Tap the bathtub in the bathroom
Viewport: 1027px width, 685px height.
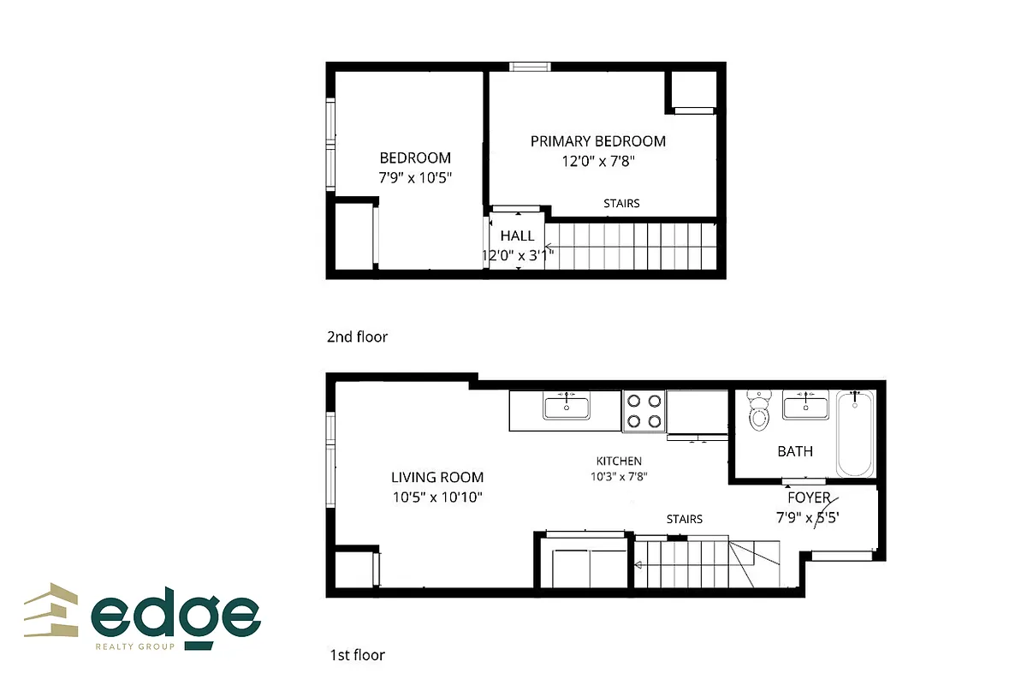coord(855,433)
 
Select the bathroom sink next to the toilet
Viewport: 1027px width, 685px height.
coord(805,405)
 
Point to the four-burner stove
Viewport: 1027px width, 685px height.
coord(644,409)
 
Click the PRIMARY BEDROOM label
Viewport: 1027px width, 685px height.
coord(597,141)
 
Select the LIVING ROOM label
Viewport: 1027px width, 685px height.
coord(437,478)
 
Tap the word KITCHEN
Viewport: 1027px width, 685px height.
coord(620,462)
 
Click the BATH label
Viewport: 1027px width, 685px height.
coord(795,451)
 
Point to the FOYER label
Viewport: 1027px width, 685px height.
coord(809,497)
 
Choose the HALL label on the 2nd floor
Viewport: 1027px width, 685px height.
coord(517,236)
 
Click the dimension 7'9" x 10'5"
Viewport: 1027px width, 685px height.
coord(415,178)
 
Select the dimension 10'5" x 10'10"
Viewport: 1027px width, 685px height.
coord(437,497)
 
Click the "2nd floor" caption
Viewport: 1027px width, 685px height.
coord(357,337)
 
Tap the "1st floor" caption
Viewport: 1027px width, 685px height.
coord(357,655)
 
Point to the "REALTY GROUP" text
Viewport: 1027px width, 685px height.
coord(135,646)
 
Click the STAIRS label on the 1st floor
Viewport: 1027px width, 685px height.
coord(685,519)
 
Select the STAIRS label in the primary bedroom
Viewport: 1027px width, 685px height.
coord(621,204)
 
